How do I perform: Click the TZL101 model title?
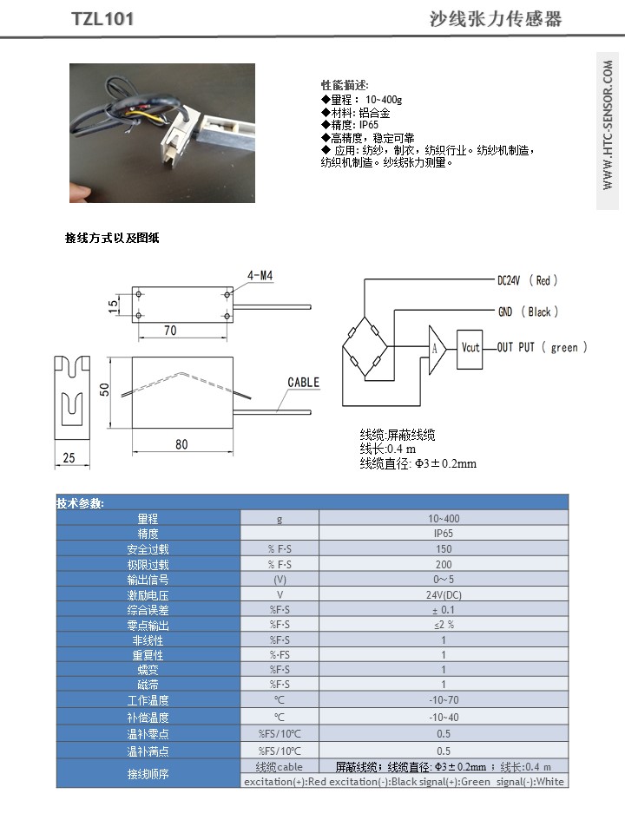tap(102, 19)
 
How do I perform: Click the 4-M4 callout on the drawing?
tap(260, 276)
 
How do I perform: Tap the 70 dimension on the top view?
tap(169, 331)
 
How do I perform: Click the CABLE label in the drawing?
tap(304, 383)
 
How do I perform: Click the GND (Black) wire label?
tap(528, 312)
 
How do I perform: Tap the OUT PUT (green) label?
tap(542, 348)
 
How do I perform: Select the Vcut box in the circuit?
tap(470, 348)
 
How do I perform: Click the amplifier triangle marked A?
tap(437, 348)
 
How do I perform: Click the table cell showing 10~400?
tap(444, 518)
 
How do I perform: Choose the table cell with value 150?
tap(444, 549)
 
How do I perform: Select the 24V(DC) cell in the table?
tap(444, 595)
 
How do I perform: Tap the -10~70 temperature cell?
tap(444, 700)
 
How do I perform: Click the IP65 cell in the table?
tap(444, 534)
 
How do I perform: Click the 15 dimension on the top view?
tap(114, 306)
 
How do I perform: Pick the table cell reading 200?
tap(444, 565)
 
